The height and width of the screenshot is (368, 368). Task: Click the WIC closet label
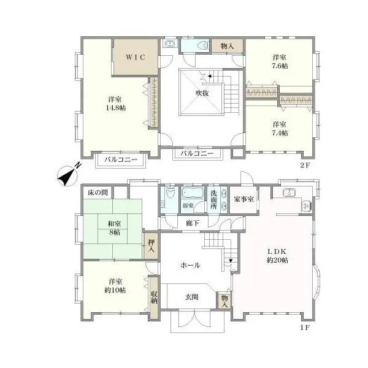click(136, 57)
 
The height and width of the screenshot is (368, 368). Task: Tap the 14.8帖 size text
click(116, 108)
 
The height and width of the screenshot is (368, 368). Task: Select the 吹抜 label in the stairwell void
click(202, 93)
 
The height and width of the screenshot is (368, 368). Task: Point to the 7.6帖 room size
click(280, 66)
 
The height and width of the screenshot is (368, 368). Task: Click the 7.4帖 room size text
click(280, 133)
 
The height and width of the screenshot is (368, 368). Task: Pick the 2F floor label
click(305, 165)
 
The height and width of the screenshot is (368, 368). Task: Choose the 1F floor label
click(305, 328)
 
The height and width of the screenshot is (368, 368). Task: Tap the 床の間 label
click(98, 193)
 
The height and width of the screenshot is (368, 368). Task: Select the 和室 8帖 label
click(114, 228)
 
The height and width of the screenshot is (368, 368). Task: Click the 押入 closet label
click(151, 245)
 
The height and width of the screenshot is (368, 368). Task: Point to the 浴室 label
click(188, 205)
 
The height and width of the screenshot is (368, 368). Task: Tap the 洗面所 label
click(213, 200)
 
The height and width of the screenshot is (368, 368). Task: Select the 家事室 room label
click(243, 199)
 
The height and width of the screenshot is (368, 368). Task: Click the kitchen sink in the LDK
click(289, 193)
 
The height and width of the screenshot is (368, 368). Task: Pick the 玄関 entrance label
click(192, 297)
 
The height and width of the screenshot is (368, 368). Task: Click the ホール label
click(190, 266)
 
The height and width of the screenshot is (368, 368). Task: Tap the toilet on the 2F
click(203, 45)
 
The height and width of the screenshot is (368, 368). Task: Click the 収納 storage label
click(154, 297)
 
